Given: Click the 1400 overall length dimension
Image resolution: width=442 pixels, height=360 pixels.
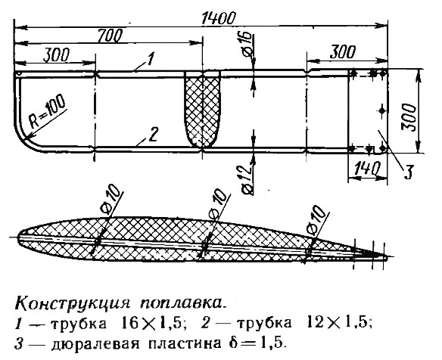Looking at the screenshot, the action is (x=218, y=19).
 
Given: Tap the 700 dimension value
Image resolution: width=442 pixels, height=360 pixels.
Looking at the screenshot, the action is (x=110, y=36).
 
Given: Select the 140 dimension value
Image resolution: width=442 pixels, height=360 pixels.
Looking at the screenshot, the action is (x=366, y=169).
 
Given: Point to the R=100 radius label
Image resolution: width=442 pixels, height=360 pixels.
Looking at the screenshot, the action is (x=47, y=112).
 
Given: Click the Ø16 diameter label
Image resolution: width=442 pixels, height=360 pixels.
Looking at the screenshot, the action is (x=246, y=45).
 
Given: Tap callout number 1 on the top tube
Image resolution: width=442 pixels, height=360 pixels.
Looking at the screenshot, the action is (x=150, y=59).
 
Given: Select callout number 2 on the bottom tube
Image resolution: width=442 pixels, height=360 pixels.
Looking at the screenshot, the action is (x=154, y=135).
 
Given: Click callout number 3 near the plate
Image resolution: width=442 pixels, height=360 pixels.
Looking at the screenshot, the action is (x=408, y=172).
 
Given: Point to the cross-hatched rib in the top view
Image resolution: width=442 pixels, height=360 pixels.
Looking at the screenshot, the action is (x=202, y=109).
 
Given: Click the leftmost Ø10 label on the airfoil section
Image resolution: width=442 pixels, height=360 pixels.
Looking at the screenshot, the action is (x=112, y=201).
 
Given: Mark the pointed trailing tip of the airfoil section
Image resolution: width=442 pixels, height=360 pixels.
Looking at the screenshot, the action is (x=388, y=257).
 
